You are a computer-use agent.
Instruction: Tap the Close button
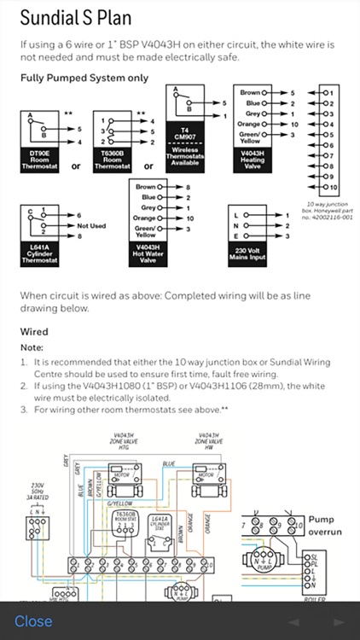pos(33,620)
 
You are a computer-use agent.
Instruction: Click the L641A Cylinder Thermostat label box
pos(40,252)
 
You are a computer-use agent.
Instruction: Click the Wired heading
pos(34,331)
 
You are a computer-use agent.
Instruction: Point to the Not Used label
pos(91,226)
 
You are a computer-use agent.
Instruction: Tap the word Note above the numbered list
pos(32,347)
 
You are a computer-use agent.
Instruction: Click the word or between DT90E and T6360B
pos(76,166)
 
